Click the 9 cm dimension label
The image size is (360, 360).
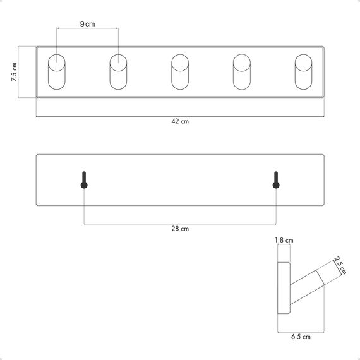pos(87,23)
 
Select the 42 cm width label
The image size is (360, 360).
pos(180,122)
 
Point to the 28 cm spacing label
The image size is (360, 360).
pos(180,229)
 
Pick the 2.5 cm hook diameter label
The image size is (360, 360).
pos(340,265)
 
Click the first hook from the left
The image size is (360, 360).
pos(56,73)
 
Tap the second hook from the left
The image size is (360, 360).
pos(118,73)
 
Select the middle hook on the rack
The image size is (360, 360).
pos(180,73)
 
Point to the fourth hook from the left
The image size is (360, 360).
pos(242,73)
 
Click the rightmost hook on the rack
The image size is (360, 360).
pos(304,73)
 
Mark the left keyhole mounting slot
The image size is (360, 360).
pos(84,180)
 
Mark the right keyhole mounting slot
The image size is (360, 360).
pos(276,180)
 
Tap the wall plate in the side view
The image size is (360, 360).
pos(285,288)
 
